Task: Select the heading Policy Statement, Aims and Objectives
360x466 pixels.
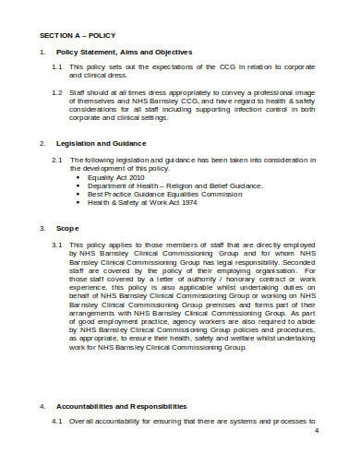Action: (x=125, y=52)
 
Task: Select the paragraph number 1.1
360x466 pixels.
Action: (x=56, y=67)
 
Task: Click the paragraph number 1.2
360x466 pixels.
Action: (x=56, y=92)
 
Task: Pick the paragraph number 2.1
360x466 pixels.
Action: (x=56, y=159)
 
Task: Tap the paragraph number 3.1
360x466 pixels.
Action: (x=56, y=245)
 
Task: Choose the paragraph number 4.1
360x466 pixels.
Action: (x=56, y=422)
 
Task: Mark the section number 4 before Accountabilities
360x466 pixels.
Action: (x=42, y=406)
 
